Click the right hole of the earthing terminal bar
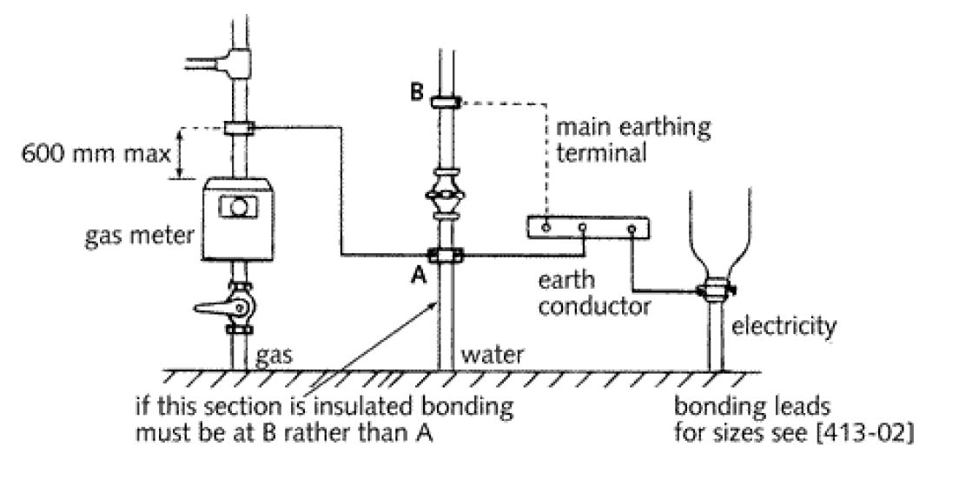point(632,229)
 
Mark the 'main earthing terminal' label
point(632,139)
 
